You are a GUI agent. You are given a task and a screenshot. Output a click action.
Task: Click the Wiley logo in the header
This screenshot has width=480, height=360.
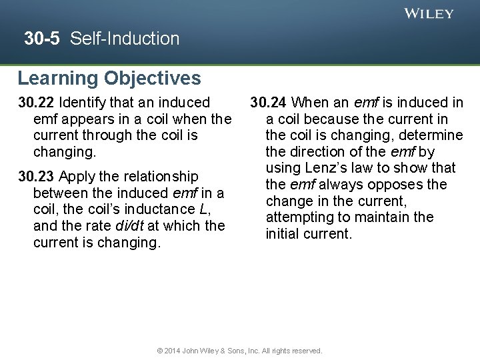tap(429, 13)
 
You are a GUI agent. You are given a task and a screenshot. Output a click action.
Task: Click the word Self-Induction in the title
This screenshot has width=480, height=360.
tap(125, 39)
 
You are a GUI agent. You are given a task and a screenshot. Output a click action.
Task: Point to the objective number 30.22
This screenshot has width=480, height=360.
tap(37, 103)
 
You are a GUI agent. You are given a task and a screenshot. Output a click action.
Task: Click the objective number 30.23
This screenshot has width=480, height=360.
tap(37, 177)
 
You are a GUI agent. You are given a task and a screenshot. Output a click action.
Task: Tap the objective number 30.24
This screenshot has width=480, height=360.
tap(269, 103)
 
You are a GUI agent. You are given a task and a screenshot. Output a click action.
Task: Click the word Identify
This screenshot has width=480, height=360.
tap(82, 103)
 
